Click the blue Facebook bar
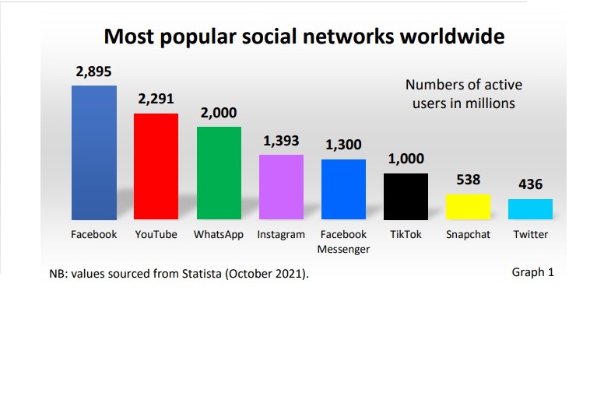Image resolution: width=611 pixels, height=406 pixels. tap(94, 152)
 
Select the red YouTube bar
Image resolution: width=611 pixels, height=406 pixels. tap(156, 166)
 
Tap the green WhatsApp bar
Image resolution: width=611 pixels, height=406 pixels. tap(219, 173)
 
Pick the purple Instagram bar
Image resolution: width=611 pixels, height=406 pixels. tap(281, 187)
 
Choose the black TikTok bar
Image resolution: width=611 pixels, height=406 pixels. tap(406, 196)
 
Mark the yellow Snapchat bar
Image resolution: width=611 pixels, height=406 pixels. tap(468, 207)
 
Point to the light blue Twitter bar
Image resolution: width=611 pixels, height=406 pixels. tap(530, 209)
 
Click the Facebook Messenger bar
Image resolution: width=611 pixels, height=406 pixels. tap(343, 189)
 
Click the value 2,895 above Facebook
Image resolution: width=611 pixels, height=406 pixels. tap(94, 72)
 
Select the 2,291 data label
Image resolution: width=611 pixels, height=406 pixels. tap(156, 100)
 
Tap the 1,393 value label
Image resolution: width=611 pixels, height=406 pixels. tap(281, 141)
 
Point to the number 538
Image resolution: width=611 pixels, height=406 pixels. tap(468, 180)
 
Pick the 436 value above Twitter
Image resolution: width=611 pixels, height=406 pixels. tap(530, 185)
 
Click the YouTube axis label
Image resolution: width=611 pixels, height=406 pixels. tap(156, 235)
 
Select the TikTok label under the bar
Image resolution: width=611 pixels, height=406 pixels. tap(406, 235)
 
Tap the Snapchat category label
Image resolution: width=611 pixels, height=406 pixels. tap(468, 235)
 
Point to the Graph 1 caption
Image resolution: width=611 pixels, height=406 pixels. tap(532, 272)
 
